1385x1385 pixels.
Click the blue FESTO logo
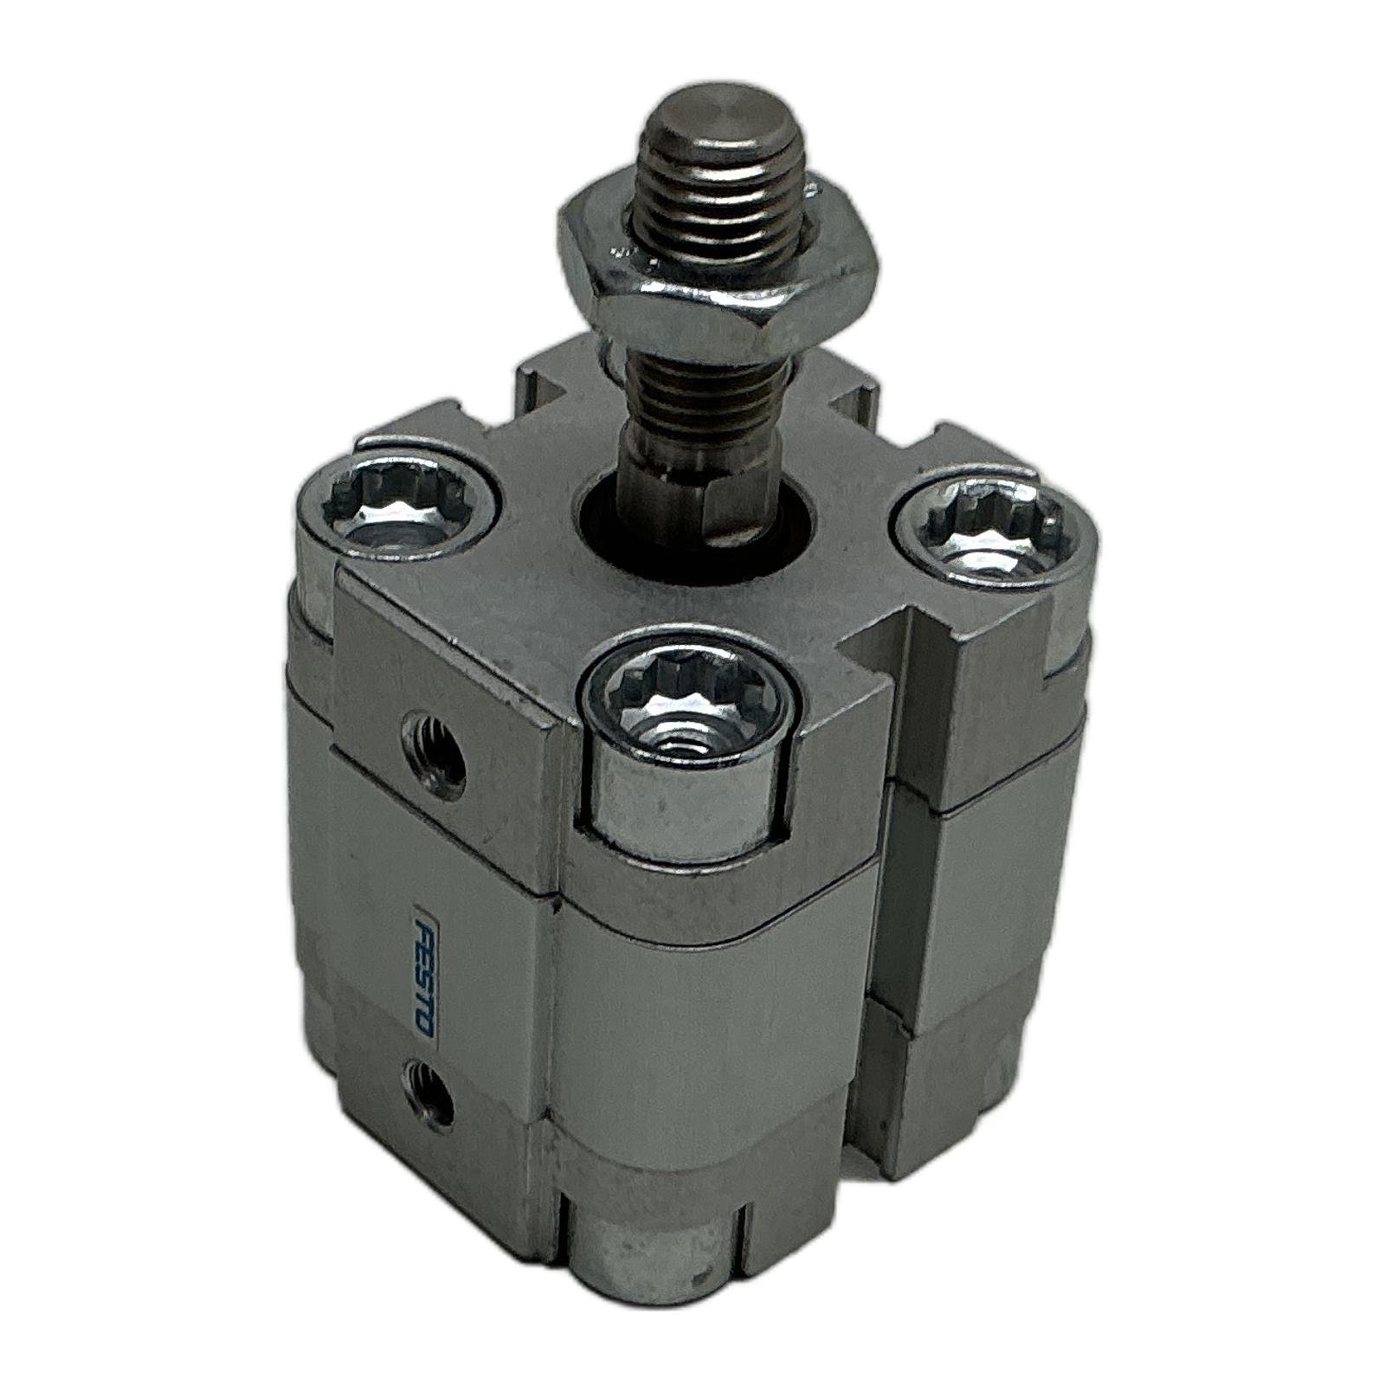(425, 969)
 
